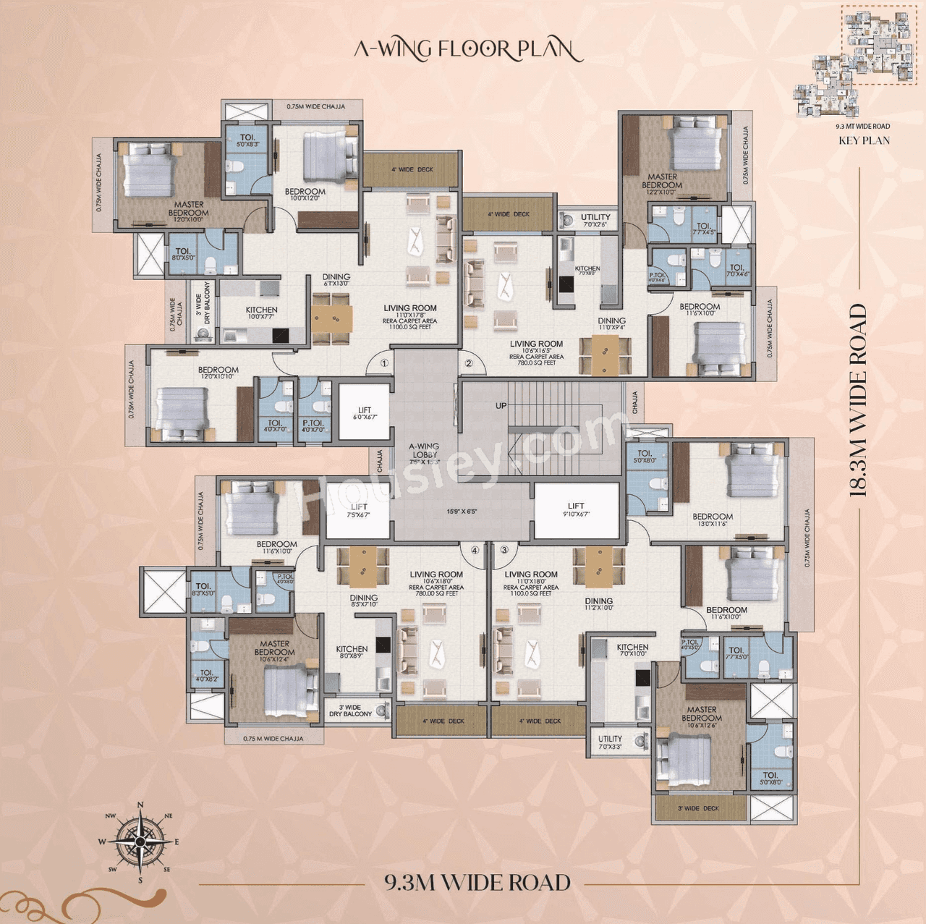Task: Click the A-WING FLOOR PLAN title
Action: coord(467,49)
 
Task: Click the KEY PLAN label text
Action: coord(864,140)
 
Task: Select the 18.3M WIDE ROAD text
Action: coord(857,400)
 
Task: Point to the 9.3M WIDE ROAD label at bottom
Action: coord(477,883)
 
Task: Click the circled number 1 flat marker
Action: coord(384,363)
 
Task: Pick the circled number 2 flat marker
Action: coord(469,363)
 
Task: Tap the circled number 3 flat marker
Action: coord(504,550)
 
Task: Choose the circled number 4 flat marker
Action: coord(475,550)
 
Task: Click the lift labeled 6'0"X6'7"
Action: coord(365,413)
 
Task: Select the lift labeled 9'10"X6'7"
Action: coord(576,510)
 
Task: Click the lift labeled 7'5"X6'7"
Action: coord(358,511)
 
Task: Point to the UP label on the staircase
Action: coord(501,406)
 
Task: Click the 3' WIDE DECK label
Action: coord(698,808)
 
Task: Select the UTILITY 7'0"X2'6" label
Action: coord(595,220)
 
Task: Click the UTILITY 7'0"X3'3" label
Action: coord(610,742)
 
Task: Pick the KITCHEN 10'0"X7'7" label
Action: coord(261,313)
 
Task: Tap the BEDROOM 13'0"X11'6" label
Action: coord(713,520)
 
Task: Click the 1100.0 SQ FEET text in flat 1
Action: coord(410,327)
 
